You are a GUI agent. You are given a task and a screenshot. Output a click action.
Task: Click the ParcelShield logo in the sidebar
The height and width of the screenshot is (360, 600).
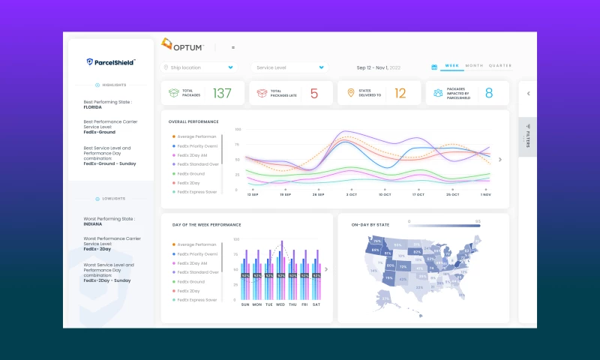111,62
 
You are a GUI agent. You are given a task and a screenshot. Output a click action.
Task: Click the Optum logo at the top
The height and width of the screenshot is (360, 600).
183,46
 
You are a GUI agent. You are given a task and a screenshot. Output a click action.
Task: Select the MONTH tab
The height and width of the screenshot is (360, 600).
474,66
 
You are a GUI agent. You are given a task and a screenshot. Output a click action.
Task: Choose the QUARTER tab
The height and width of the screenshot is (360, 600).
500,66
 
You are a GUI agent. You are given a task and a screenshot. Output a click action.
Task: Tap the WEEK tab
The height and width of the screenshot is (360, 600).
451,66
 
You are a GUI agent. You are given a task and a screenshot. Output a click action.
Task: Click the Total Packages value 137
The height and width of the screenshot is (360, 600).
222,93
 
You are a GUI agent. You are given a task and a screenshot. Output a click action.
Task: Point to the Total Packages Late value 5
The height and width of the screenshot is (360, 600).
313,93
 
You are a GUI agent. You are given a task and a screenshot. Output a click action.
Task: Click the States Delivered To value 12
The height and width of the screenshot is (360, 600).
400,93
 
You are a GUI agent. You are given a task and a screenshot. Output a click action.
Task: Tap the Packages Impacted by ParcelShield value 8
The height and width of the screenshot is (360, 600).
488,93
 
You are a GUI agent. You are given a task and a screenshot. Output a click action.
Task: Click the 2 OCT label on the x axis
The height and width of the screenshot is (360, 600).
352,194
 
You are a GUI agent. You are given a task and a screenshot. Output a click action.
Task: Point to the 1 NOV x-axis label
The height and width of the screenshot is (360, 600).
485,194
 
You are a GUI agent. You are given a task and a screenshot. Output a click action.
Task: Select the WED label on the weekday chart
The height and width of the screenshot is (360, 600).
280,304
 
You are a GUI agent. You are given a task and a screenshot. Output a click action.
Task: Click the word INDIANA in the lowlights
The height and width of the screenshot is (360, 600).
92,223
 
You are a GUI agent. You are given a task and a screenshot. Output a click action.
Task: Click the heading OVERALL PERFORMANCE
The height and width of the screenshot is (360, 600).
193,121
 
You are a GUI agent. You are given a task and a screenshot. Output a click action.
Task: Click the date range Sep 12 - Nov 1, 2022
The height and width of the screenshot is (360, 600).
378,67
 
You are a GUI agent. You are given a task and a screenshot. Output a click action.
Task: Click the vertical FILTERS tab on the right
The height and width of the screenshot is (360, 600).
527,134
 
